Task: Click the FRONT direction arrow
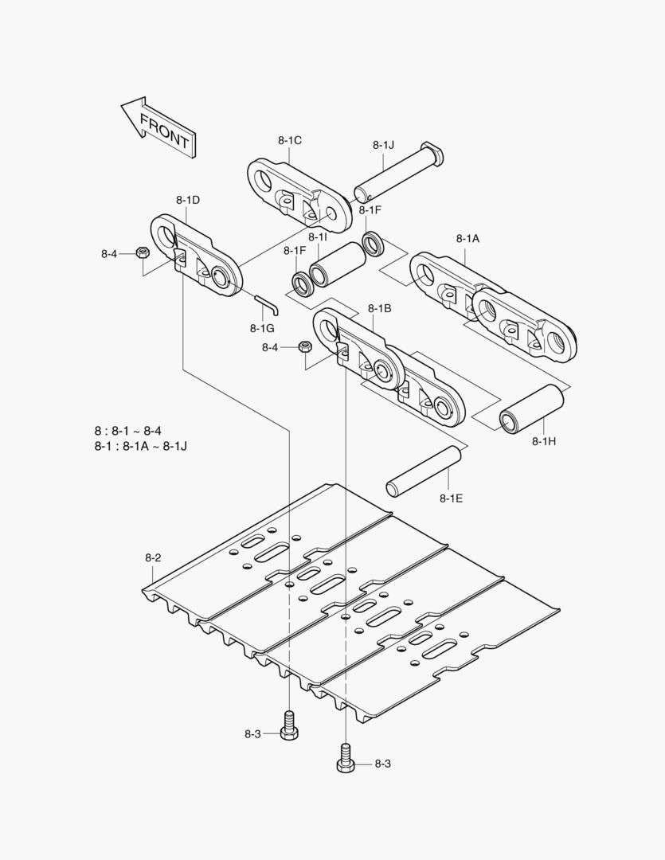(x=158, y=127)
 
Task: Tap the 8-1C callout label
(x=290, y=140)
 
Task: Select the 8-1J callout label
(x=383, y=145)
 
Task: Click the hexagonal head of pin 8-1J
(x=431, y=152)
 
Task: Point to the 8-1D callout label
(x=188, y=200)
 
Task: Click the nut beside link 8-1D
(x=141, y=253)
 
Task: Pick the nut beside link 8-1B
(x=303, y=347)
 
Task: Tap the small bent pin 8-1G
(x=266, y=303)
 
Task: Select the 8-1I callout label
(x=318, y=237)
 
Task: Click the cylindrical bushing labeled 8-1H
(x=532, y=408)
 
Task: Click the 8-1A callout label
(x=467, y=238)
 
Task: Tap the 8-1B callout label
(x=379, y=308)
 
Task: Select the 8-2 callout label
(x=153, y=557)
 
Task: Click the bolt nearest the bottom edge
(x=345, y=756)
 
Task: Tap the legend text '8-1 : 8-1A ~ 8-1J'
(x=140, y=445)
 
